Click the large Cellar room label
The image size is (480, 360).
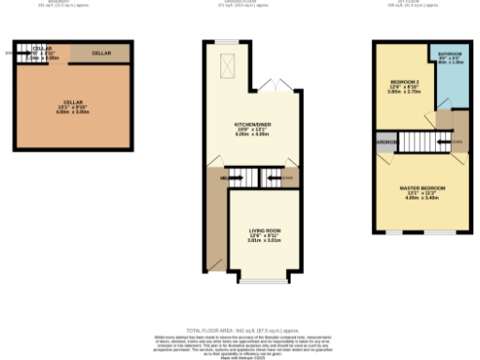tap(72, 102)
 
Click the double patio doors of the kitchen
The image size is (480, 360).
tap(274, 85)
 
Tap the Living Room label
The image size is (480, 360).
tap(264, 230)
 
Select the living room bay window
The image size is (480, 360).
tap(264, 279)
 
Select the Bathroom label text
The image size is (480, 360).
tap(449, 54)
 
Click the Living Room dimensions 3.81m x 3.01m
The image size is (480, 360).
tap(264, 240)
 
